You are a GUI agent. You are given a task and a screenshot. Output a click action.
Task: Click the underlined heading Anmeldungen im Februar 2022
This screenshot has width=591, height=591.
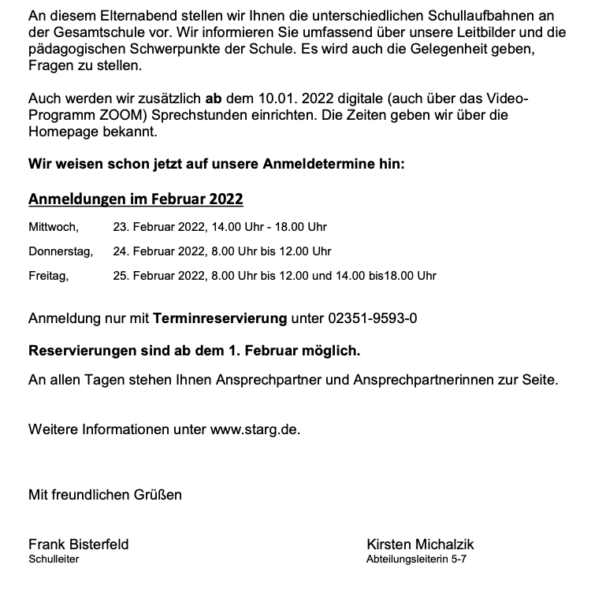coord(136,199)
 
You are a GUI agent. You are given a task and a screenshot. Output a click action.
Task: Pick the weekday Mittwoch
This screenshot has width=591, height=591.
coord(53,227)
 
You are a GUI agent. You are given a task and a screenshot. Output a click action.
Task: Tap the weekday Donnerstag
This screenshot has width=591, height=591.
coord(61,251)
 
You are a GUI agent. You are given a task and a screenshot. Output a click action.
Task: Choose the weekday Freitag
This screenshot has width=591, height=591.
coord(48,276)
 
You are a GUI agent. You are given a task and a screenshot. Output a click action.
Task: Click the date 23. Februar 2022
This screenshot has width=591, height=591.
coord(158,227)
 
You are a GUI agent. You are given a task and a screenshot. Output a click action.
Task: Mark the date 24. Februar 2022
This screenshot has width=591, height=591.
coord(158,251)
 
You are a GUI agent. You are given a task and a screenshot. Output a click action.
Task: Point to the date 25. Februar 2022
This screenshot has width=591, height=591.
coord(158,276)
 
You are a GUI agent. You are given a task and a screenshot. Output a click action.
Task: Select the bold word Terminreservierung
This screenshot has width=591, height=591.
coord(220,318)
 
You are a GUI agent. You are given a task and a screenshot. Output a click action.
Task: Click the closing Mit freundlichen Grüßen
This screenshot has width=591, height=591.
coord(105,495)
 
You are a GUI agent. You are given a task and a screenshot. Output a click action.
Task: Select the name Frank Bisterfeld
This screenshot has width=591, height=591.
coord(78,545)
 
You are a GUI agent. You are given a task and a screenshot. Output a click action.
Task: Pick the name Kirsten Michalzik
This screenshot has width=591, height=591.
coord(420,545)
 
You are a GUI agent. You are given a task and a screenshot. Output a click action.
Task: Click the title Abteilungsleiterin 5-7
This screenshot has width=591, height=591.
coord(417,559)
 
